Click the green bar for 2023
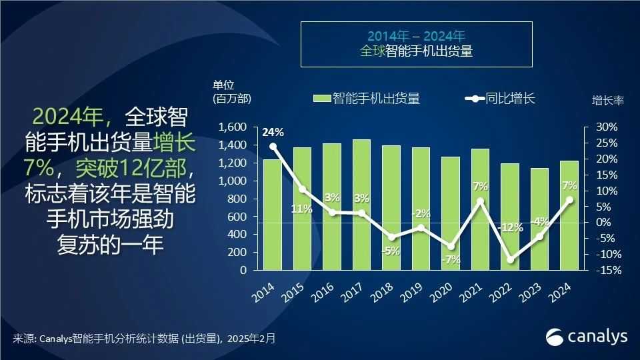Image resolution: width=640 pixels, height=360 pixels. point(539,219)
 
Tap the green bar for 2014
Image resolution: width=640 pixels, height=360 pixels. point(273,215)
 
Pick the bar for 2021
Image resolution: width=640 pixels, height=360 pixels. point(480,210)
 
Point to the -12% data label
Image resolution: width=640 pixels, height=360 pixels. point(510,227)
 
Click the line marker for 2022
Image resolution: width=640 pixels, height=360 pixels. point(510,259)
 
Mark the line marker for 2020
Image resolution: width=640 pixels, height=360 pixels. point(451,247)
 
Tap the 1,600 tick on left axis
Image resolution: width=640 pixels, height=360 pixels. point(233,127)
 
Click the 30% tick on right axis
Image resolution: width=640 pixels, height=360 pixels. point(607,127)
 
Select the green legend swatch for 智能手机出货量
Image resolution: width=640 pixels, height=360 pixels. point(321,99)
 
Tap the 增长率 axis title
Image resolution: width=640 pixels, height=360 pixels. point(607,101)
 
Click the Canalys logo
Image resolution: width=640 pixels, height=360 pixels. point(587,337)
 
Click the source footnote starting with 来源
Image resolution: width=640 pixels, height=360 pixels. point(143,339)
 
